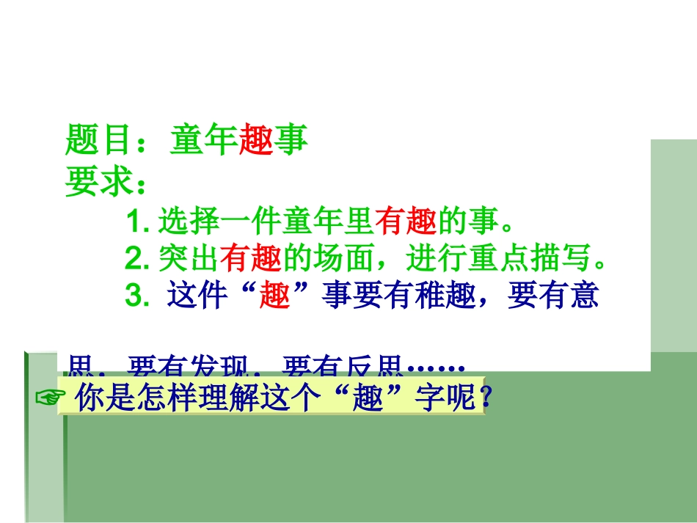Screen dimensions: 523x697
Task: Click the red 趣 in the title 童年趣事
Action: (257, 140)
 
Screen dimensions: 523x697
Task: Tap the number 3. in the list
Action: (138, 296)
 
